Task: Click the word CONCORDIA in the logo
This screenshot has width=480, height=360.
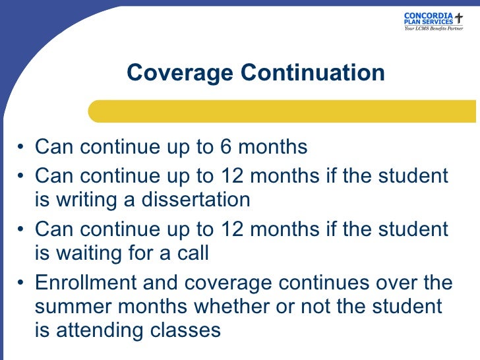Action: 428,15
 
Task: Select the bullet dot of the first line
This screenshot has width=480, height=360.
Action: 22,148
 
